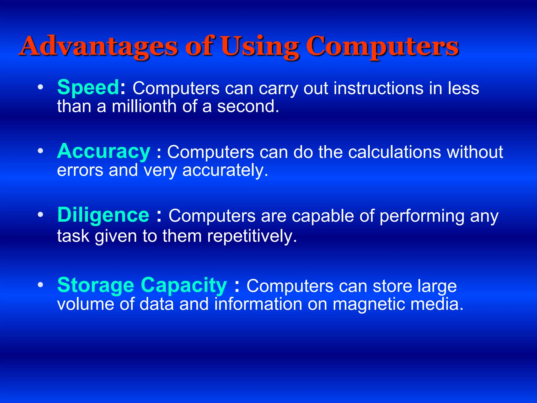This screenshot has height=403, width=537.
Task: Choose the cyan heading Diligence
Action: [103, 215]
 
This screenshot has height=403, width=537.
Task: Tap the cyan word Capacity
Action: [184, 285]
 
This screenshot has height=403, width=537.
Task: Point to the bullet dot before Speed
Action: [40, 87]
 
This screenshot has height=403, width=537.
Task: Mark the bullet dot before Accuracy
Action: [40, 151]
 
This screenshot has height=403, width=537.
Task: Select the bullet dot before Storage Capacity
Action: [40, 285]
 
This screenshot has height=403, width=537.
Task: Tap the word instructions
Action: [378, 88]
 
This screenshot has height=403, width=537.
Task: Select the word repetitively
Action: [252, 236]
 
